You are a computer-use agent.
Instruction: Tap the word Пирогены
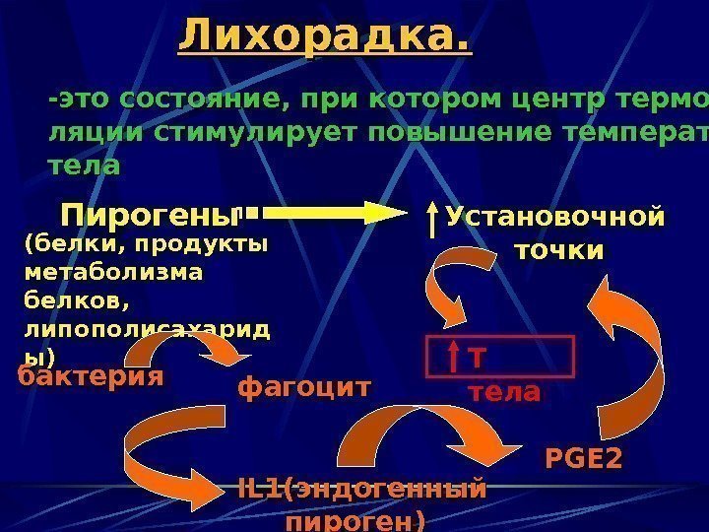tap(151, 214)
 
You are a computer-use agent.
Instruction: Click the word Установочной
tap(555, 216)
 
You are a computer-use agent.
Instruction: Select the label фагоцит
tap(304, 388)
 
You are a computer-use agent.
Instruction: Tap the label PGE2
tap(583, 458)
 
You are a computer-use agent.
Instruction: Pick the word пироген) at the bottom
tap(354, 519)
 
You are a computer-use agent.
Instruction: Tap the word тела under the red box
tap(503, 392)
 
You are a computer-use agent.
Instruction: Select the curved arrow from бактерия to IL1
tap(167, 443)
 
